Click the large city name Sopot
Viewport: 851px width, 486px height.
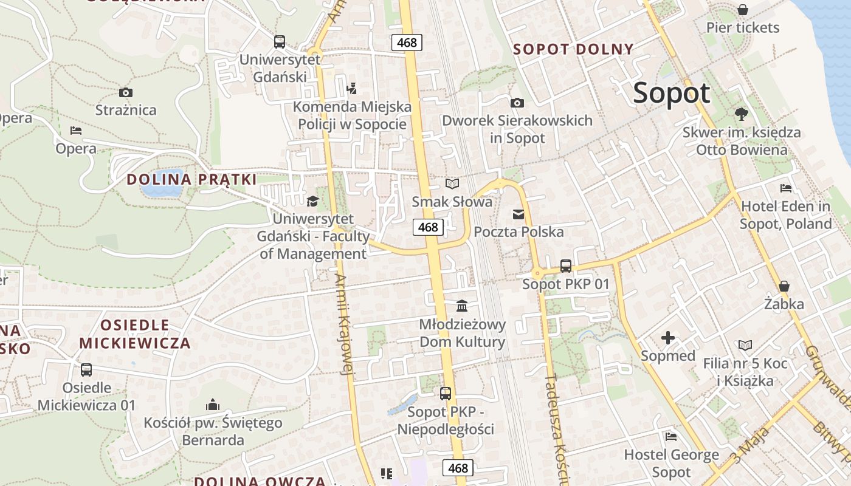coord(671,94)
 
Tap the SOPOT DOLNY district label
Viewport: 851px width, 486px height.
coord(573,49)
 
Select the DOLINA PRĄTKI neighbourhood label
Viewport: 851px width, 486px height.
coord(191,179)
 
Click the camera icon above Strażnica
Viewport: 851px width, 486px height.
coord(126,93)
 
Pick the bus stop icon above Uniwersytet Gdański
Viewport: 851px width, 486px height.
coord(279,41)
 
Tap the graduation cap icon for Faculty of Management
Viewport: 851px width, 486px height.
coord(312,201)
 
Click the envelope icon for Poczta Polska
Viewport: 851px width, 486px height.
coord(518,214)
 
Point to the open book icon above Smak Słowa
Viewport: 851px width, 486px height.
coord(452,183)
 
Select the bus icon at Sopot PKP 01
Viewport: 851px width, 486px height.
coord(566,265)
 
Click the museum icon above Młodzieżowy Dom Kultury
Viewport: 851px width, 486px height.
coord(462,305)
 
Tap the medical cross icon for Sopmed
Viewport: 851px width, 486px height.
coord(668,338)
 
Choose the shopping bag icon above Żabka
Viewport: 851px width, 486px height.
coord(784,286)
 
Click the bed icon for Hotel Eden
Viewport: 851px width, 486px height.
coord(786,188)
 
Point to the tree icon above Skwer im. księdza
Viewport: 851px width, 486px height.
coord(741,114)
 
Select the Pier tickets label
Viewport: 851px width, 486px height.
coord(742,27)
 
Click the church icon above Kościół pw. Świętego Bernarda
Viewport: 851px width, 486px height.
coord(213,404)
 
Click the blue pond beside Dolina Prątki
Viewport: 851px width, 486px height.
coord(162,190)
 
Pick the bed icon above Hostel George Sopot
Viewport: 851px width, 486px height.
coord(671,436)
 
